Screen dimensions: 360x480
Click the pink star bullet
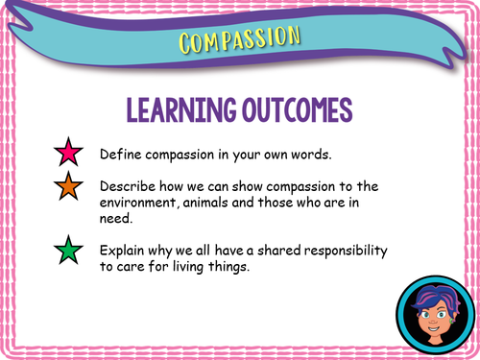click(x=68, y=154)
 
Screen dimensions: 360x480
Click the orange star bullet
click(x=68, y=189)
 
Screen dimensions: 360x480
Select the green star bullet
click(x=68, y=252)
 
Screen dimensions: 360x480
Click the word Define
click(x=120, y=155)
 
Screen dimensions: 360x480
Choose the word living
click(x=207, y=267)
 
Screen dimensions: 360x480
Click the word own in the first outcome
click(x=281, y=155)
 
